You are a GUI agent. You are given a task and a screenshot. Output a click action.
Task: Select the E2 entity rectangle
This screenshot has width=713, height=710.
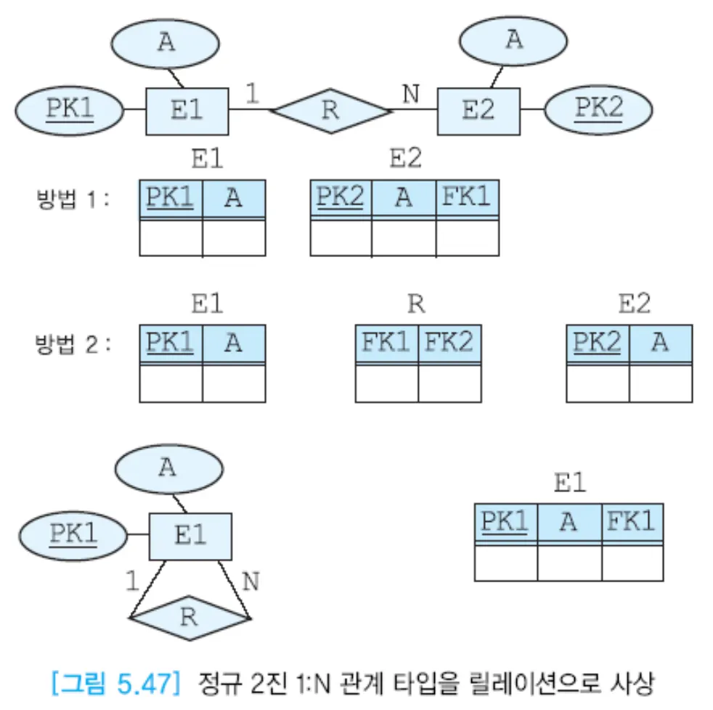click(478, 111)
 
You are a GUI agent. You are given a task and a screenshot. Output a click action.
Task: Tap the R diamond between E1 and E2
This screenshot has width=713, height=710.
click(330, 111)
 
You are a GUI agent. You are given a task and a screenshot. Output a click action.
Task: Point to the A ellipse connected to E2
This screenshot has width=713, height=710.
click(513, 40)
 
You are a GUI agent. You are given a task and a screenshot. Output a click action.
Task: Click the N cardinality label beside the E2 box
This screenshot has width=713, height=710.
click(412, 95)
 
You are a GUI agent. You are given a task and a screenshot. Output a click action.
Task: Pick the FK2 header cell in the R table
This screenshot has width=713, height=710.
click(449, 342)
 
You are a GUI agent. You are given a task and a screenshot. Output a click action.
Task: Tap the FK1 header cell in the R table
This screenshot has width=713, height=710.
click(386, 342)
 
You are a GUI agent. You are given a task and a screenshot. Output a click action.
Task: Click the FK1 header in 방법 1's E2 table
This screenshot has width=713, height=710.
click(467, 197)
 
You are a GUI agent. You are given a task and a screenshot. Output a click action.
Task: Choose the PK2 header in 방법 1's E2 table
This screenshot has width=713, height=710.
click(341, 197)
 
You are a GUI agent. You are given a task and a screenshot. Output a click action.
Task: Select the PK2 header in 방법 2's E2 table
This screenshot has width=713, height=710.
click(598, 342)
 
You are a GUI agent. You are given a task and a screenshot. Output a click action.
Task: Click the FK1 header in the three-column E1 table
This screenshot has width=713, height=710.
click(632, 521)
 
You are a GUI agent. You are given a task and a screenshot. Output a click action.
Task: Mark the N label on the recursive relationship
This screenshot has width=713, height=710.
click(250, 582)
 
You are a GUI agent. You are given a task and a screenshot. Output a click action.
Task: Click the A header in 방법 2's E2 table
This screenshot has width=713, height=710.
click(660, 342)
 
